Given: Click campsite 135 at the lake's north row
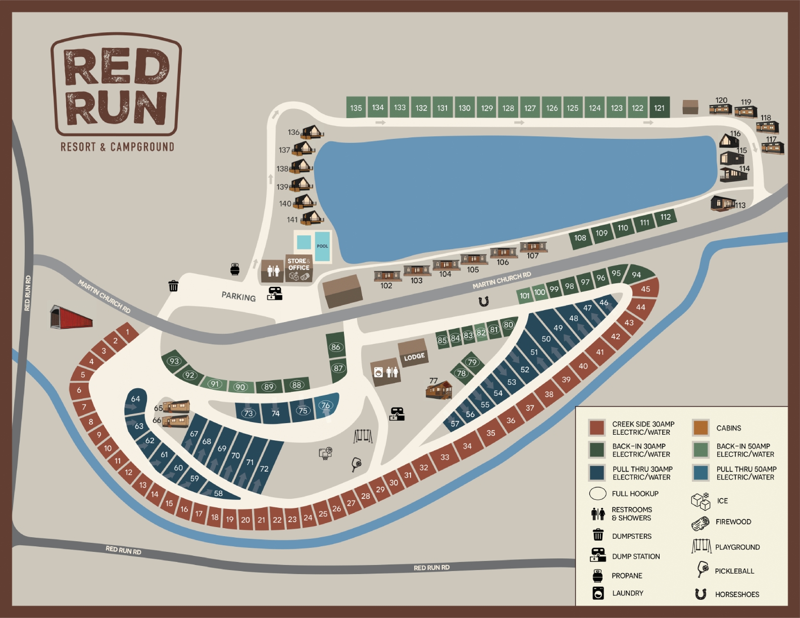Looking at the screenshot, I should click(356, 108).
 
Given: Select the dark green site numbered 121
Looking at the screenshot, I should click(659, 108).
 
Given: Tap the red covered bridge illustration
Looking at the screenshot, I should click(71, 317).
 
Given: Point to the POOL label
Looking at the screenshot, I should click(322, 246).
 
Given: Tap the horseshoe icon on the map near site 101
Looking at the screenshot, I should click(483, 302).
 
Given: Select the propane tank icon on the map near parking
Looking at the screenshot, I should click(235, 269).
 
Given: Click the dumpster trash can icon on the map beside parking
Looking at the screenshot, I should click(173, 286).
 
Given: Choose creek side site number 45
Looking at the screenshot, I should click(645, 289).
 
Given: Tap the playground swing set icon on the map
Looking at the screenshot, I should click(363, 436).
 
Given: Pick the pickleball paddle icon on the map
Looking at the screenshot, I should click(357, 464).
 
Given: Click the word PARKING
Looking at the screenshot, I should click(238, 296).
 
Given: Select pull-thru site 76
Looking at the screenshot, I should click(326, 406).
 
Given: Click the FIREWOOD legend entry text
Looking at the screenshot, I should click(733, 522).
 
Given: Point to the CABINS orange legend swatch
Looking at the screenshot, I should click(701, 428).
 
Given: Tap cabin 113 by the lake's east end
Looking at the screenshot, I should click(723, 203).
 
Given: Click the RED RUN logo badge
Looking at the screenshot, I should click(116, 86).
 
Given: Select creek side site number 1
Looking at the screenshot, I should click(128, 332).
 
